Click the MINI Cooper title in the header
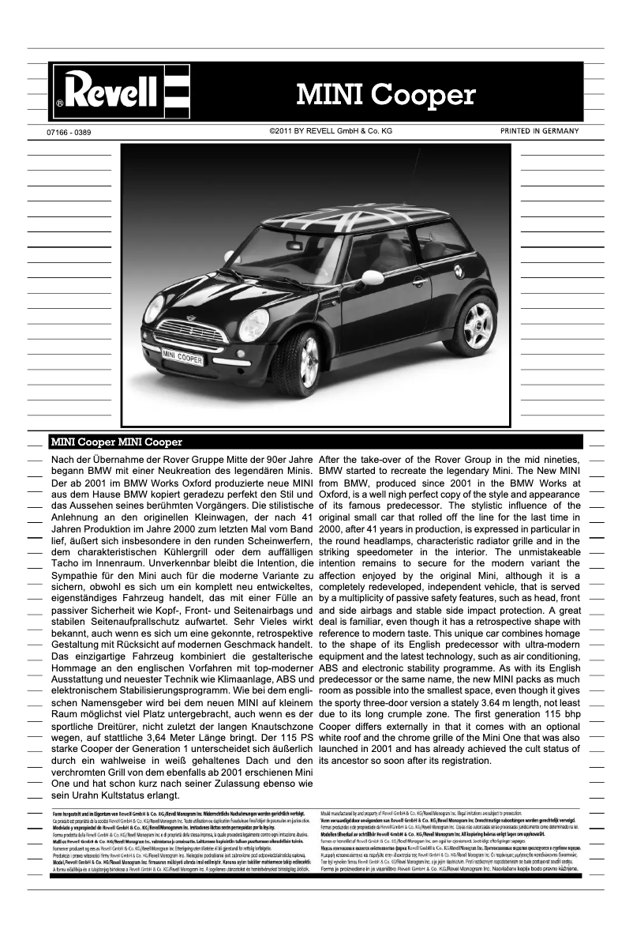coord(386,95)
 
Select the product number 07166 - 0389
coord(70,132)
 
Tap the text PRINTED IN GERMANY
coord(539,131)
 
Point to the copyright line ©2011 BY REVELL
coord(331,131)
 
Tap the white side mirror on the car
coord(372,277)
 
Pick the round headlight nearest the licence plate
coord(254,324)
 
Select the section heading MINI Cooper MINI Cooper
coord(116,442)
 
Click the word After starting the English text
coord(334,460)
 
